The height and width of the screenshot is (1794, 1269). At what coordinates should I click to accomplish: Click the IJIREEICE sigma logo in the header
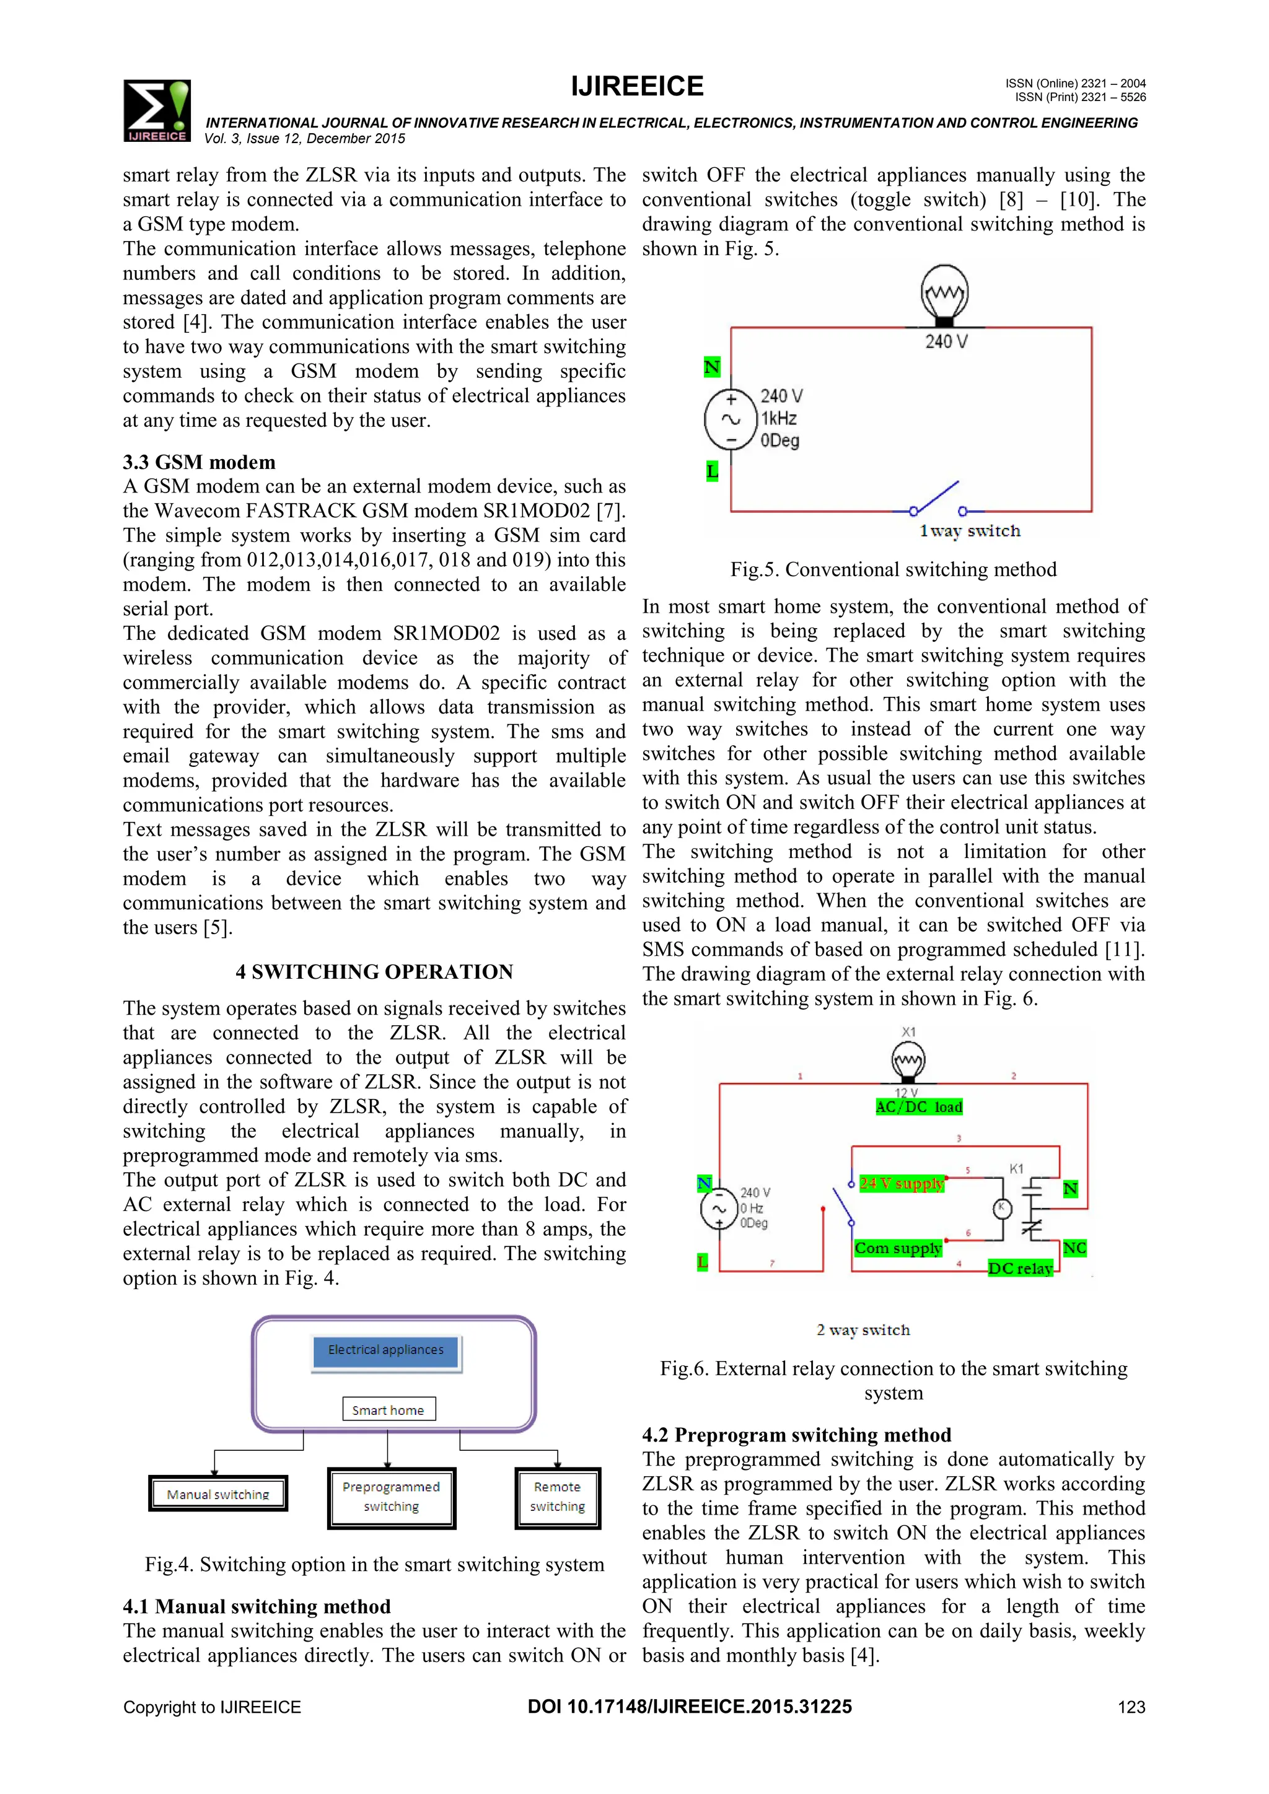point(156,111)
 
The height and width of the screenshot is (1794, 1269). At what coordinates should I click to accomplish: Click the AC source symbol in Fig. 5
point(731,419)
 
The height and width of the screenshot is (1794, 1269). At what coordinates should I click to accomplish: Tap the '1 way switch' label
point(970,532)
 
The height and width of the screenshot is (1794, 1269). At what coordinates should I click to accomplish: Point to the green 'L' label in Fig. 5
point(712,471)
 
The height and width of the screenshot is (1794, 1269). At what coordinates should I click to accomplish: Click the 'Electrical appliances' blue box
point(386,1350)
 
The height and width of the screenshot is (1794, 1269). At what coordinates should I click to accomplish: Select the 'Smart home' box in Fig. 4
point(389,1409)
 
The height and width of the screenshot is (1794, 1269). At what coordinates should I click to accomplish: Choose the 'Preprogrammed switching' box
point(391,1497)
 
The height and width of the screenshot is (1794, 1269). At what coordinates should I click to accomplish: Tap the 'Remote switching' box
point(557,1497)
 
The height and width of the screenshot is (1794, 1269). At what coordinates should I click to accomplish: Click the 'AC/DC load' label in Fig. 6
point(919,1107)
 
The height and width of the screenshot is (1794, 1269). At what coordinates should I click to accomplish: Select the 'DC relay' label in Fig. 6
point(1020,1268)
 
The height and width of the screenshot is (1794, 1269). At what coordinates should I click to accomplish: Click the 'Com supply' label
point(898,1248)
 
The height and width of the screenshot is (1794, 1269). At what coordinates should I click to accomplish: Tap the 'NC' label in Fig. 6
point(1074,1248)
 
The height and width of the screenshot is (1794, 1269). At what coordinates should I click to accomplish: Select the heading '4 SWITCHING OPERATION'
point(374,972)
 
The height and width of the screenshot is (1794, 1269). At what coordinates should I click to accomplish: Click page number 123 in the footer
point(1131,1707)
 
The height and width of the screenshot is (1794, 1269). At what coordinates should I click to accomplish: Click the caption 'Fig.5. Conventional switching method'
point(893,570)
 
